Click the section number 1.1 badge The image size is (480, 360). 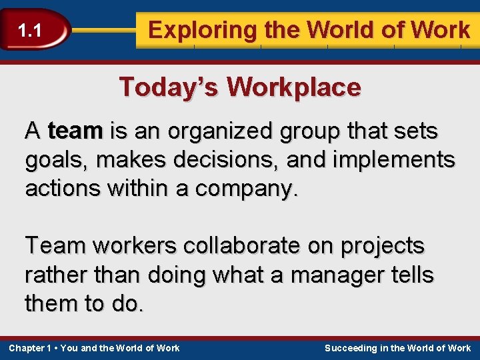click(x=30, y=30)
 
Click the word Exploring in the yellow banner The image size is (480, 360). click(x=193, y=30)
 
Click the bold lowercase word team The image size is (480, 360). click(x=75, y=131)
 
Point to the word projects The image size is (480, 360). click(x=382, y=247)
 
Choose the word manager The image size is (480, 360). click(x=325, y=275)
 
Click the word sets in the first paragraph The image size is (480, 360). click(x=417, y=131)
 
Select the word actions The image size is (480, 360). click(x=64, y=189)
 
